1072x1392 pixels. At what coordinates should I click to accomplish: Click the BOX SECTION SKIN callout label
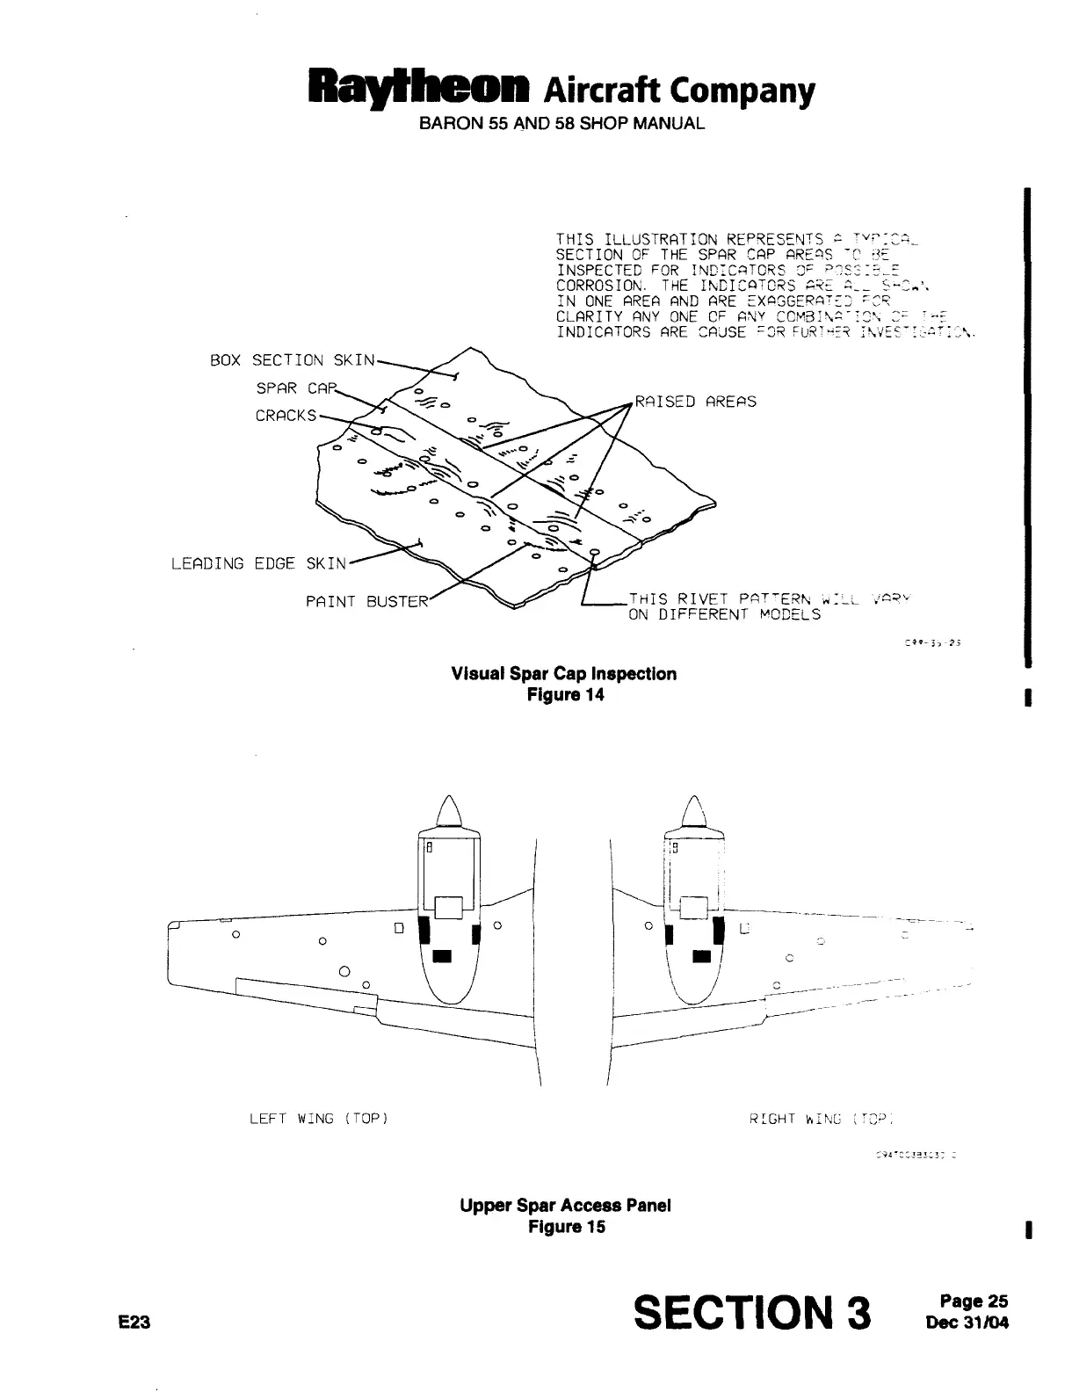tap(293, 360)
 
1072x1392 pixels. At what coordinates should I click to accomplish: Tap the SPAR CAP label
tap(289, 388)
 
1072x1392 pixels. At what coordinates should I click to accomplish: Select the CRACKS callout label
tap(285, 416)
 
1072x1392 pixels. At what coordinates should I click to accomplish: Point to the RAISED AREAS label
tap(695, 402)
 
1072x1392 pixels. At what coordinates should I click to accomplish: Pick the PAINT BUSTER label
tap(366, 602)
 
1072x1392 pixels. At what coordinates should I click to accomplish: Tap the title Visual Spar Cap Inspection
tap(563, 674)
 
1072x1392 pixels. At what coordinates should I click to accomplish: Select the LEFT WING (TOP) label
tap(318, 1119)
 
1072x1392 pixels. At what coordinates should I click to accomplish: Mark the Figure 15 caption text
tap(566, 1226)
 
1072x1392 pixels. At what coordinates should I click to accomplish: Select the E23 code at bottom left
tap(137, 1321)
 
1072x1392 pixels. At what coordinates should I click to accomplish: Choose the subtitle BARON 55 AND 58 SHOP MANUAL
tap(561, 124)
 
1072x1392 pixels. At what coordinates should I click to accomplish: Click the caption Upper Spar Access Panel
tap(565, 1205)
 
